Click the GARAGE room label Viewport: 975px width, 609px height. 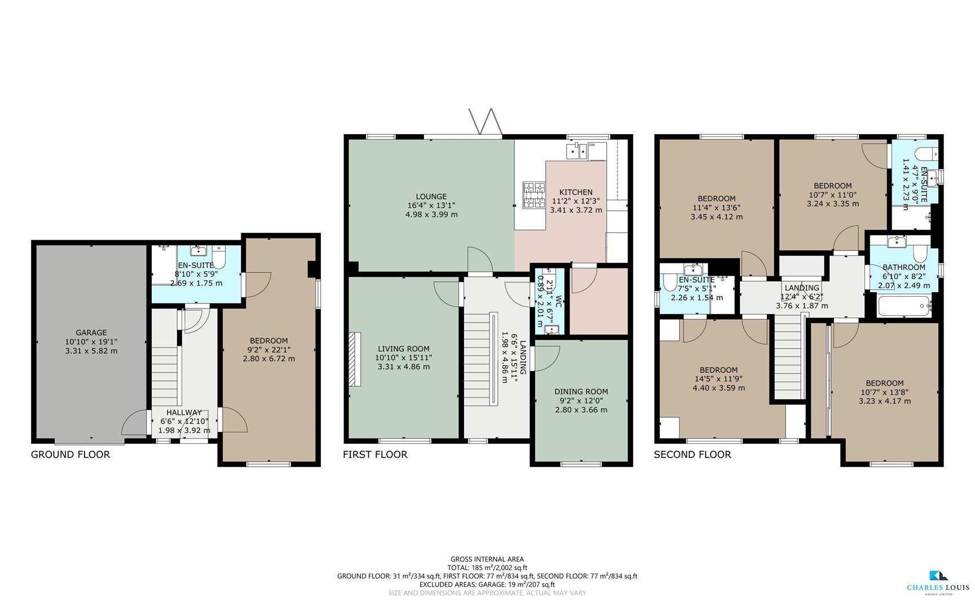tap(91, 333)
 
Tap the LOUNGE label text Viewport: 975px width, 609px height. tap(431, 197)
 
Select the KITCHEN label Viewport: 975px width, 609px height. tap(576, 192)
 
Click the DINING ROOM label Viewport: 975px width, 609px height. tap(581, 391)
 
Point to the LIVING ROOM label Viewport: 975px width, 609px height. tap(403, 348)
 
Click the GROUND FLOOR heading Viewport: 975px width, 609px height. tap(70, 454)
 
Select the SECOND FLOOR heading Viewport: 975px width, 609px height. tap(692, 454)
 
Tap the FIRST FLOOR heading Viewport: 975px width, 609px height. tap(375, 454)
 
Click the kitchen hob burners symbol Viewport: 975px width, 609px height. tap(534, 195)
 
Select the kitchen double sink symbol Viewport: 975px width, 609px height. tap(577, 151)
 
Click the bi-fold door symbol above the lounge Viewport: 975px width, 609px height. tap(486, 122)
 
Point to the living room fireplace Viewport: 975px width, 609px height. tap(354, 359)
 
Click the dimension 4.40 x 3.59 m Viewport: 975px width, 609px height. tap(718, 388)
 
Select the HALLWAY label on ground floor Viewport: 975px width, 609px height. tap(184, 413)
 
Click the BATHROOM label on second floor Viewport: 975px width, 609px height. tap(903, 267)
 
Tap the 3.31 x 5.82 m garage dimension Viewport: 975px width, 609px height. tap(91, 351)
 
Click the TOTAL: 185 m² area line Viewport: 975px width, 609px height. tap(487, 568)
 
